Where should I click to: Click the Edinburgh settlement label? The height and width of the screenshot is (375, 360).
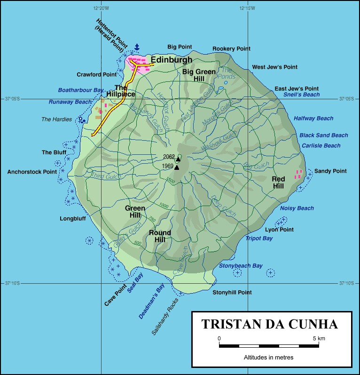tap(172, 60)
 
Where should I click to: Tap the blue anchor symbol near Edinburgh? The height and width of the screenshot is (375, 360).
tap(137, 47)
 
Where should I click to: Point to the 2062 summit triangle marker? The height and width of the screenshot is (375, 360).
tap(178, 159)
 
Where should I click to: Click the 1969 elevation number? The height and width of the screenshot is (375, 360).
tap(168, 166)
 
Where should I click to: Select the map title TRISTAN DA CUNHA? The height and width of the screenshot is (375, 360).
tap(270, 324)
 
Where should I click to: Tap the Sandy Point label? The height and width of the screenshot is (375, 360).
tap(330, 171)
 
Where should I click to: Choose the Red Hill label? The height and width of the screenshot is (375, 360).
tap(278, 183)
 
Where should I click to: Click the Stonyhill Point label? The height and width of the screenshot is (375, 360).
tap(232, 292)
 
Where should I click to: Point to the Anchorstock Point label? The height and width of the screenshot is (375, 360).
tap(32, 172)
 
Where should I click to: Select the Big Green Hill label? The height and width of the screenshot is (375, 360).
tap(199, 75)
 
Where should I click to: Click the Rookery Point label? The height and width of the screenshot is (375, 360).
tap(231, 48)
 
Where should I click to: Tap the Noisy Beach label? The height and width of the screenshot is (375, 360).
tap(297, 208)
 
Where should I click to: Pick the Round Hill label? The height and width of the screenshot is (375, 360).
tap(160, 236)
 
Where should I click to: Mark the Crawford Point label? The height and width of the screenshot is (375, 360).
tap(97, 74)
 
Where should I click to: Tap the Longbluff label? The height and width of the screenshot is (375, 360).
tap(72, 218)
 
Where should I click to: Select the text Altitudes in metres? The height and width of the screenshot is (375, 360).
tap(268, 358)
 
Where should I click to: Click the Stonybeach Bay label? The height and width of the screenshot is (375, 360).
tap(241, 266)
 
